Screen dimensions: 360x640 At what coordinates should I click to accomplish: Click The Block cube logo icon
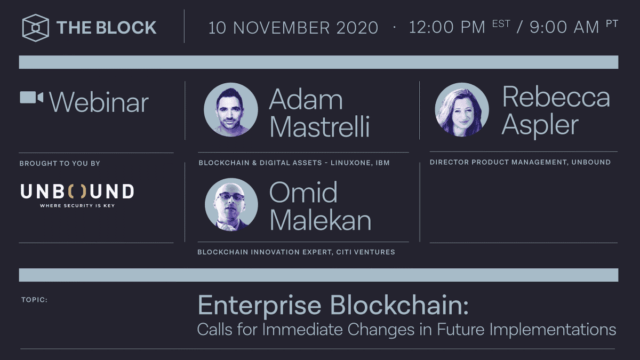pos(36,28)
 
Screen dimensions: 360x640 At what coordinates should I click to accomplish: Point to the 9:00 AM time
pos(564,27)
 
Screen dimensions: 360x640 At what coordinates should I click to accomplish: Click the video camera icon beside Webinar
pos(31,98)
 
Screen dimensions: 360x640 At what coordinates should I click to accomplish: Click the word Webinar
pos(99,102)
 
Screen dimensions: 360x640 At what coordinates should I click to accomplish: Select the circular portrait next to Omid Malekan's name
pos(231,204)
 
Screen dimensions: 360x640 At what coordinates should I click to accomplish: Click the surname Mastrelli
pos(319,127)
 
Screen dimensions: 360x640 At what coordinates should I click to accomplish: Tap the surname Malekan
pos(320,220)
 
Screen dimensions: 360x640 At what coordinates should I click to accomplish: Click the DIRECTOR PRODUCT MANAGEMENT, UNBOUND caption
pos(520,162)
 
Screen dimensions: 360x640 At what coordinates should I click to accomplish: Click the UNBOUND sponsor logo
pos(77,191)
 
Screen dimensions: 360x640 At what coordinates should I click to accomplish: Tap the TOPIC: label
pos(34,300)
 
